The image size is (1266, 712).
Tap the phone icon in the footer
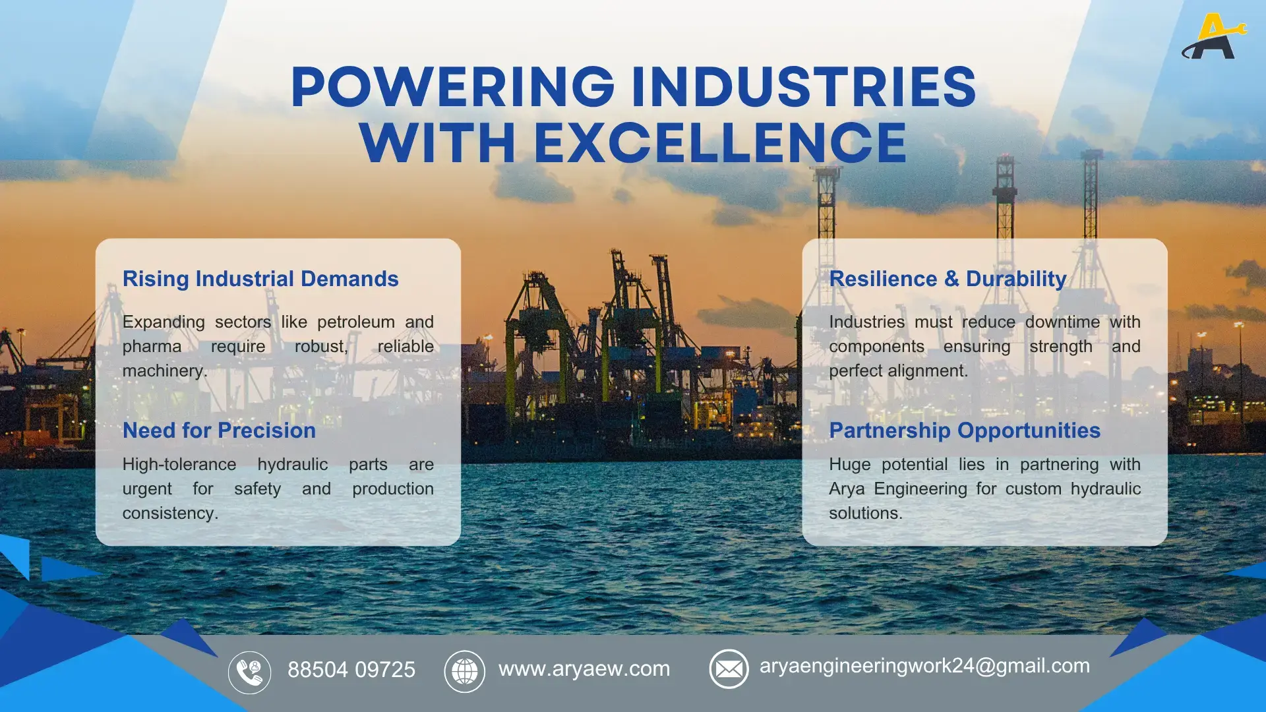tap(249, 672)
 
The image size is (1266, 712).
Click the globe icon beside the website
tap(464, 671)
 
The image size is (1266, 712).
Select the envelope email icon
tap(729, 669)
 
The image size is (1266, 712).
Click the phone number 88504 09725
tap(351, 670)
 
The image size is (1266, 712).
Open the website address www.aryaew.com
tap(584, 668)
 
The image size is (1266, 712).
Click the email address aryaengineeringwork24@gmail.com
tap(924, 666)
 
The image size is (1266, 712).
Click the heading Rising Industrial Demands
tap(260, 279)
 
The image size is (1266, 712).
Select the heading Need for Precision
tap(219, 430)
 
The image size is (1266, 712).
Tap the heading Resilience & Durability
tap(948, 279)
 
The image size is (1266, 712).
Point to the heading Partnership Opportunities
tap(965, 430)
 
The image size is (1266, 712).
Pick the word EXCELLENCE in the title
tap(720, 143)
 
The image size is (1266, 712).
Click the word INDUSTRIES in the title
tap(803, 87)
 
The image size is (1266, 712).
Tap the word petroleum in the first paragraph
tap(356, 322)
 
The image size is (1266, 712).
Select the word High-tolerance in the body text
tap(179, 465)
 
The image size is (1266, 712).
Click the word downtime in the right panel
tap(1062, 322)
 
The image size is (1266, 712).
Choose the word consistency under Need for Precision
tap(169, 514)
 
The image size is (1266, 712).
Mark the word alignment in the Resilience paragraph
tap(930, 371)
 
